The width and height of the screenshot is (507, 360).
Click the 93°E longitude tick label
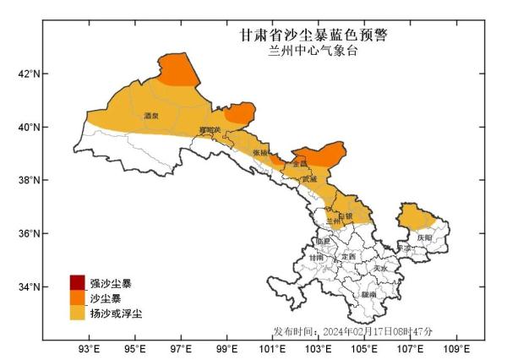tap(90, 348)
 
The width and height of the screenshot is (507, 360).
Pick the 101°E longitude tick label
tap(272, 348)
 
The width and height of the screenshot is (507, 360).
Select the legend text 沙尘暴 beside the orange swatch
tap(105, 298)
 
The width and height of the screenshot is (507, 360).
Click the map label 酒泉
tap(151, 116)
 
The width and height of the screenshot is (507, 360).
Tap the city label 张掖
tap(260, 153)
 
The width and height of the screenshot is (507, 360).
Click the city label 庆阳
tap(424, 238)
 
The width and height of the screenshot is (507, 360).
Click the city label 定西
tap(348, 256)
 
